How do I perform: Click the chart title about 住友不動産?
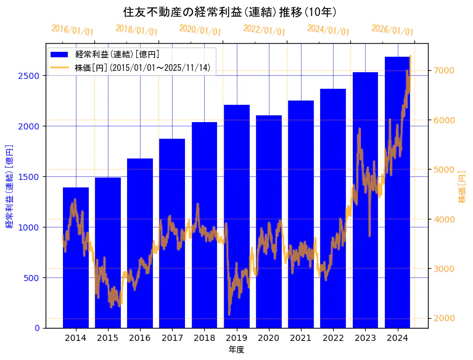click(x=230, y=12)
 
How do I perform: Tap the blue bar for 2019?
click(x=237, y=216)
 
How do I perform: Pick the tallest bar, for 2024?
click(x=398, y=192)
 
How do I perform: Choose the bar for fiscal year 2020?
click(x=269, y=221)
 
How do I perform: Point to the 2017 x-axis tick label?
click(x=172, y=338)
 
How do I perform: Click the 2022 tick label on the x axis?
click(x=333, y=338)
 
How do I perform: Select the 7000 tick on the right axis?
click(x=445, y=70)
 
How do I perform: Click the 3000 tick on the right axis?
click(x=445, y=269)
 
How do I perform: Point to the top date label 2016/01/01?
click(x=73, y=30)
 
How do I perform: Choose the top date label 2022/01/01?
click(x=265, y=30)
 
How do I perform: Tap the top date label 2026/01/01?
click(x=393, y=30)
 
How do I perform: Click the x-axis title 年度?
click(x=236, y=350)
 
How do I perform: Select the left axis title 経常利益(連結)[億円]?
click(x=9, y=186)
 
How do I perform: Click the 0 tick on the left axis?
click(x=37, y=328)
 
